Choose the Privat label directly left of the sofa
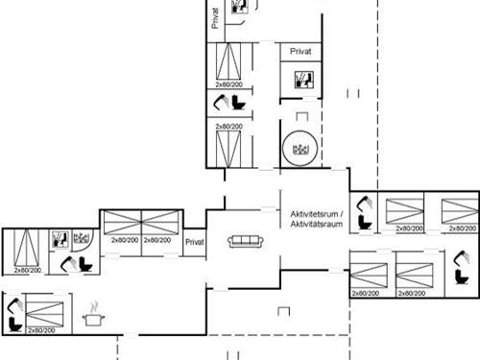tap(195, 243)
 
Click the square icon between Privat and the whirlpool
tap(298, 81)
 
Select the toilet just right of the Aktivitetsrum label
tap(363, 214)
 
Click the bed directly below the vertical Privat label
tap(229, 64)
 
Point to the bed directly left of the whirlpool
tap(229, 146)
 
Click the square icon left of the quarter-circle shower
tap(58, 238)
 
